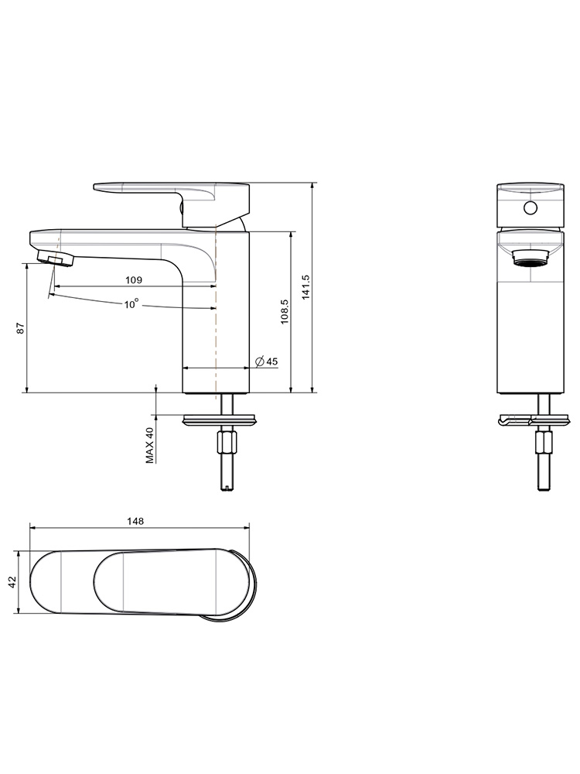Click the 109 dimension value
(134, 280)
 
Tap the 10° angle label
(131, 304)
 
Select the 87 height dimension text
(20, 328)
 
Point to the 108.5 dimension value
(285, 311)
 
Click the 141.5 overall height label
(305, 287)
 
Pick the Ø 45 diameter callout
(266, 361)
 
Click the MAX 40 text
(150, 445)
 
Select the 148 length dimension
(135, 521)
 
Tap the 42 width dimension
(13, 582)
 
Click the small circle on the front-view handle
(531, 207)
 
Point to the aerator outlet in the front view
(531, 259)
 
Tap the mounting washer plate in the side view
(220, 420)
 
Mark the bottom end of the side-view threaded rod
(227, 490)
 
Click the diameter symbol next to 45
(260, 361)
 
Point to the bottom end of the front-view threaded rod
(544, 490)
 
